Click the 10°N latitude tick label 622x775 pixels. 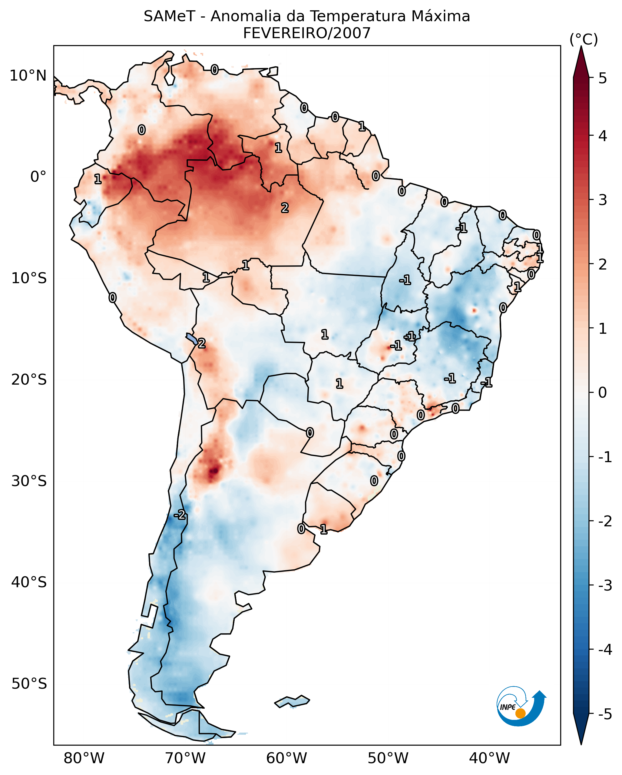[28, 76]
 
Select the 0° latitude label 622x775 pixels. [38, 177]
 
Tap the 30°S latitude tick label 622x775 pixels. [29, 481]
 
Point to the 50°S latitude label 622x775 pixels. [29, 684]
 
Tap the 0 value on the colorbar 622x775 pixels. [603, 392]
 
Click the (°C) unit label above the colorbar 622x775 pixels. [584, 40]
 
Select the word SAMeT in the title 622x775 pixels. [169, 17]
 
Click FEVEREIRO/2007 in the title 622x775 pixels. [306, 33]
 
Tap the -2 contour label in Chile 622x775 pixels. [180, 515]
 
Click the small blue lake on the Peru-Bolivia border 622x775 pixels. [191, 339]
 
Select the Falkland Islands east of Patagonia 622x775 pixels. [292, 702]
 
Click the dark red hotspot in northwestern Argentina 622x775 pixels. [214, 470]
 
